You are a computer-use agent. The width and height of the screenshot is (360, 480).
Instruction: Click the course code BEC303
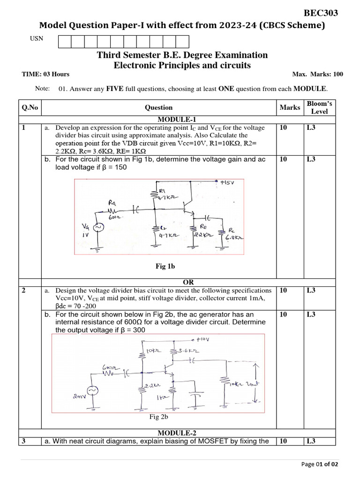(x=321, y=13)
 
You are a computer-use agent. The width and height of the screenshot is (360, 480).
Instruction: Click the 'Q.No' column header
(x=30, y=107)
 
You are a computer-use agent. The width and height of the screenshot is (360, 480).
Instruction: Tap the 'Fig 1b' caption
(x=165, y=266)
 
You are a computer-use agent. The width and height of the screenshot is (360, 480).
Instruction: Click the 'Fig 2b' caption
(x=158, y=416)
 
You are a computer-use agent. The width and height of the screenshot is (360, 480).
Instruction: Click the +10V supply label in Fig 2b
(x=203, y=339)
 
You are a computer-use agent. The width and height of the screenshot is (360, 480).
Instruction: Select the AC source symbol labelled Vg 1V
(x=99, y=227)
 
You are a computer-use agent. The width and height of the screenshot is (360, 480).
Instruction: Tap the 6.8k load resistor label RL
(x=233, y=234)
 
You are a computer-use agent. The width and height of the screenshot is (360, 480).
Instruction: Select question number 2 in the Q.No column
(x=24, y=291)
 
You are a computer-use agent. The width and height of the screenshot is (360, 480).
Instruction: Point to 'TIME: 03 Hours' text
(x=45, y=74)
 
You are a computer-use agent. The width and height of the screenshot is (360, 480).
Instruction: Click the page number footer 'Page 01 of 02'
(x=319, y=464)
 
